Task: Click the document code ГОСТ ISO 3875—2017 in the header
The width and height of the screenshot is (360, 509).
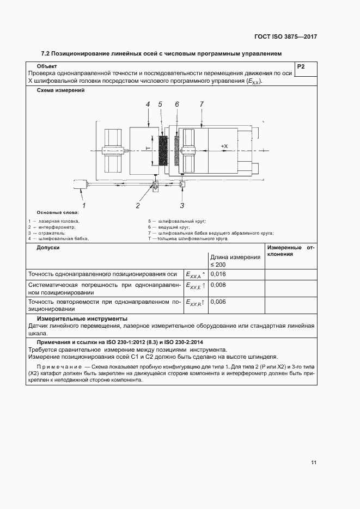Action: click(x=285, y=37)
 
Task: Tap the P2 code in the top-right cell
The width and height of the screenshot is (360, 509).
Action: click(x=301, y=67)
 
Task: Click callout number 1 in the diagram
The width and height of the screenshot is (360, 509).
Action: click(x=84, y=205)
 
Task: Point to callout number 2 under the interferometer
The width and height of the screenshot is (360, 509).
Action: click(x=138, y=205)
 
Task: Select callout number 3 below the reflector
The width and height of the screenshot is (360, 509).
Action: click(x=182, y=205)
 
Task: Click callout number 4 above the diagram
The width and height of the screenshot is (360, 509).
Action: click(x=148, y=103)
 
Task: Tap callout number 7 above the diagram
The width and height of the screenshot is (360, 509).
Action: click(x=201, y=103)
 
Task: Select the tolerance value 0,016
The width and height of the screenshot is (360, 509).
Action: click(x=218, y=274)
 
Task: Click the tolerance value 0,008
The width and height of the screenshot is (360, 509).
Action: click(x=218, y=285)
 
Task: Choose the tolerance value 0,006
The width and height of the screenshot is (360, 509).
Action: click(x=218, y=302)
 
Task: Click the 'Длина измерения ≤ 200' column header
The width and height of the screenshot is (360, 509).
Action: click(x=235, y=260)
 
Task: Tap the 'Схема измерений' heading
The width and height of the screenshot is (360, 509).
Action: click(x=60, y=90)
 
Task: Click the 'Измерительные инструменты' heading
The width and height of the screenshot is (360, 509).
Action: click(x=82, y=318)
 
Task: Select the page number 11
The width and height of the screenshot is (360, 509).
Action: click(x=314, y=463)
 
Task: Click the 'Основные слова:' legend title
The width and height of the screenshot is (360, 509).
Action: click(x=58, y=212)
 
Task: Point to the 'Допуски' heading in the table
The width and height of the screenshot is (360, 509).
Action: click(x=48, y=248)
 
